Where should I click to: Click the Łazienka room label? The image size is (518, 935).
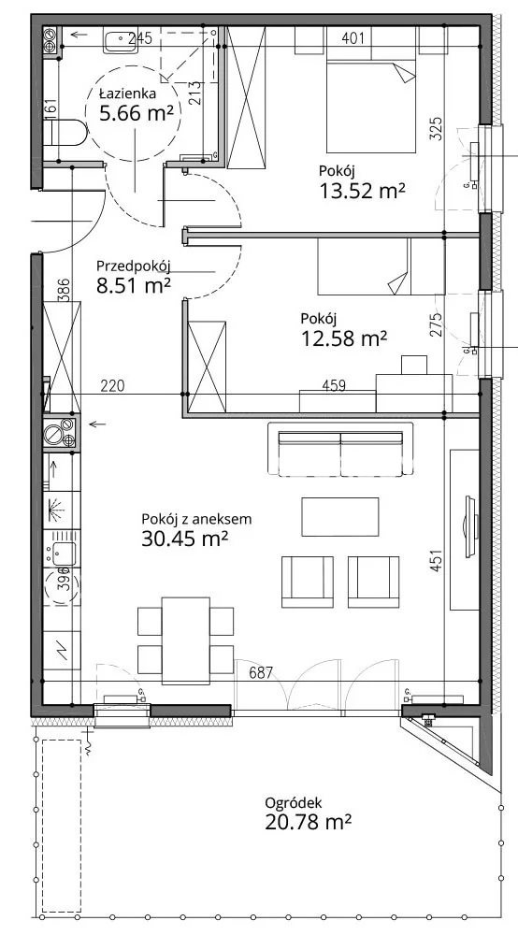coord(127,93)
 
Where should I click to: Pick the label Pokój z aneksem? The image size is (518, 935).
coord(196,519)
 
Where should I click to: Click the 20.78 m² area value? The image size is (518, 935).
coord(308,823)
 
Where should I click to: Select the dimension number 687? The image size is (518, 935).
coord(261,673)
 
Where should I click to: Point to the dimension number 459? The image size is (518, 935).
coord(334,386)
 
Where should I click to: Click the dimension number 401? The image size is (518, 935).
coord(353,39)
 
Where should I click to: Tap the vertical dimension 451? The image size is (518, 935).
coord(437,560)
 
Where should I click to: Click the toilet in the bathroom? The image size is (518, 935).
coord(66,133)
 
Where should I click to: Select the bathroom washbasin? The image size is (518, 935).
coord(122,40)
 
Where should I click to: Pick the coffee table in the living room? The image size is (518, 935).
coord(340,517)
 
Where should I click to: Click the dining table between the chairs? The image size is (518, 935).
coord(186,640)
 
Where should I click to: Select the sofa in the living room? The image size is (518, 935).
coord(340,451)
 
